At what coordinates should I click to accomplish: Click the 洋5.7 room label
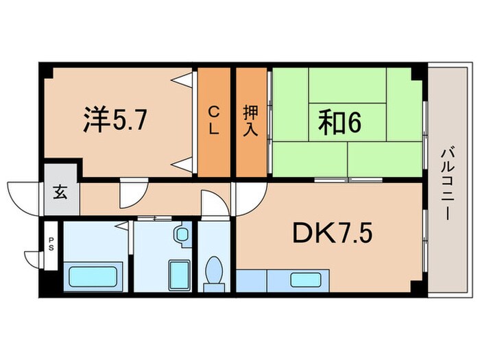(114, 119)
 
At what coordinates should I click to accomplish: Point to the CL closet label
(215, 121)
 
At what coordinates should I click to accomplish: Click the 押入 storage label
(250, 121)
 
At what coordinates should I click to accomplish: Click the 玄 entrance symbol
(60, 193)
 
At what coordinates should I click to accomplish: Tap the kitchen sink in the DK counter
(303, 279)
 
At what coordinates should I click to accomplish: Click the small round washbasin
(182, 235)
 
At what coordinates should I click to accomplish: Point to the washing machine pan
(180, 275)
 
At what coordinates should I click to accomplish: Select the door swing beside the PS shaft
(33, 259)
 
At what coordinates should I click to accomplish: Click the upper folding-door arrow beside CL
(182, 80)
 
